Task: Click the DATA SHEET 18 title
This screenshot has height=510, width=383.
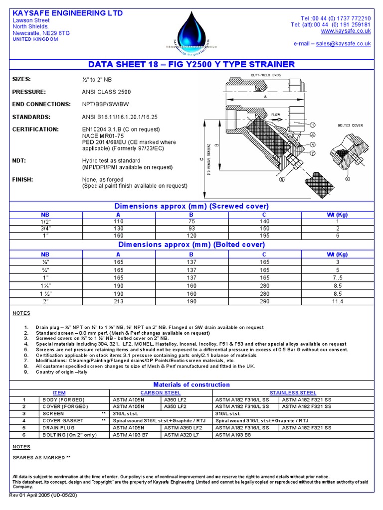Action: (191, 64)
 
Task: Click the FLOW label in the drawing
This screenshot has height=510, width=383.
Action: (276, 115)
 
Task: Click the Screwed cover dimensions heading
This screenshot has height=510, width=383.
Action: (191, 206)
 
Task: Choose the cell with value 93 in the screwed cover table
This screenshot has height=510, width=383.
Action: (191, 228)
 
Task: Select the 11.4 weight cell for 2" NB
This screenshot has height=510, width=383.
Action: (337, 301)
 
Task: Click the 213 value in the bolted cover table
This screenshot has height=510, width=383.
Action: (119, 301)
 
